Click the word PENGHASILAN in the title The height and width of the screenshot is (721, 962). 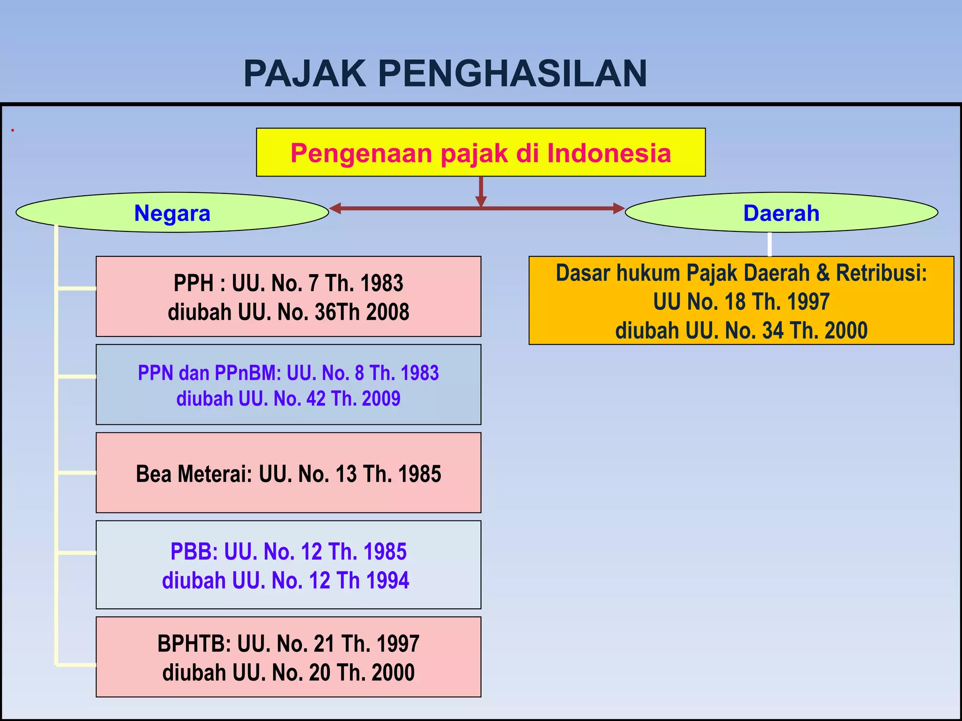point(512,74)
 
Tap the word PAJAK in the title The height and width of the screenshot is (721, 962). point(305,74)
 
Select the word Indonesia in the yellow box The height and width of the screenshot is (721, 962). point(609,153)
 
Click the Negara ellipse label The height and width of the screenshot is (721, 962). point(172,213)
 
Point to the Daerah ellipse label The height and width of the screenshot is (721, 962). point(781,213)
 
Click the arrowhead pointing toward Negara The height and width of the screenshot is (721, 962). point(334,208)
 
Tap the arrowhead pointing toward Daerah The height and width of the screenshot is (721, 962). point(619,208)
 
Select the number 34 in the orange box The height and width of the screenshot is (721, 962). point(773,330)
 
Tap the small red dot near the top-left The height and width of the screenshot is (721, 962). point(13,130)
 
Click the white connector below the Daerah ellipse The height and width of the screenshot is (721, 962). point(769,244)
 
